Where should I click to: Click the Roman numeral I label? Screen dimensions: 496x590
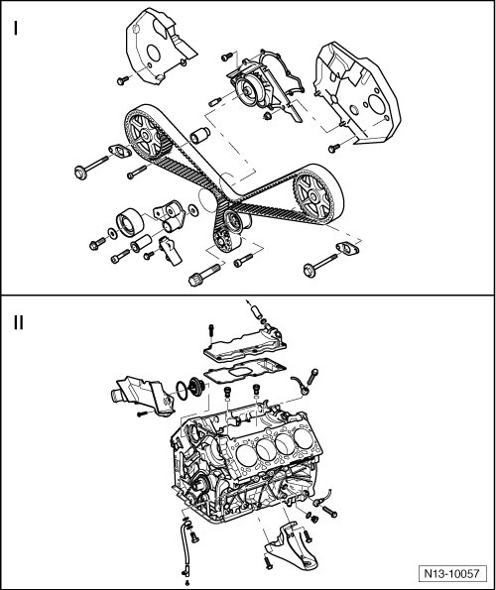[16, 28]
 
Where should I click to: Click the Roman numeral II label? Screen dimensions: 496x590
[19, 322]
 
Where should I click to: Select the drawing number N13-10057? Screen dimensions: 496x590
[451, 574]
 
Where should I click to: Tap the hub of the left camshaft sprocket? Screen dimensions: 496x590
[145, 134]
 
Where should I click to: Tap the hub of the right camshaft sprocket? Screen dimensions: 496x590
[312, 195]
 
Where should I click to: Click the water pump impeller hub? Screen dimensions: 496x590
[247, 91]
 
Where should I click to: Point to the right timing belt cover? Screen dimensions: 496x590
[357, 93]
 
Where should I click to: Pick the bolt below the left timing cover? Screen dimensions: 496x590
[122, 80]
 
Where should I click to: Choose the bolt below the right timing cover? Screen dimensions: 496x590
[333, 148]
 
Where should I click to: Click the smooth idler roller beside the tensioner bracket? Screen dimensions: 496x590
[129, 223]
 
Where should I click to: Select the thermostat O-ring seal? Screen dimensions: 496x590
[182, 391]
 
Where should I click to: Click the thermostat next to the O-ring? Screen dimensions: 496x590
[196, 387]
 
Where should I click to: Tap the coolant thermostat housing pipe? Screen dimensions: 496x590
[143, 396]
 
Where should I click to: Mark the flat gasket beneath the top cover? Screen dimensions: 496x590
[245, 372]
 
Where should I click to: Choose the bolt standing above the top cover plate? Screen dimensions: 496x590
[210, 333]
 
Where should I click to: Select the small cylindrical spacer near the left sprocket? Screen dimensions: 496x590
[199, 136]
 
